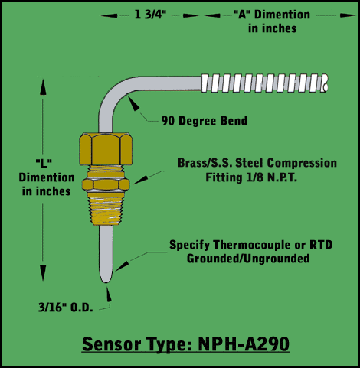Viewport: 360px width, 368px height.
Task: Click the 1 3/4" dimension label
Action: pyautogui.click(x=150, y=15)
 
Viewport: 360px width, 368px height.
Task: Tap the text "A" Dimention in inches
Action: pyautogui.click(x=272, y=21)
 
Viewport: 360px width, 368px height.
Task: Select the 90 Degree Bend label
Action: pyautogui.click(x=205, y=121)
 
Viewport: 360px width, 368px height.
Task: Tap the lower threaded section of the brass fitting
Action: pyautogui.click(x=106, y=209)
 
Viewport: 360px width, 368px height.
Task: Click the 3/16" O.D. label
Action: pyautogui.click(x=66, y=308)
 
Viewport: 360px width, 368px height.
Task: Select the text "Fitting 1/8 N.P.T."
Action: pyautogui.click(x=251, y=177)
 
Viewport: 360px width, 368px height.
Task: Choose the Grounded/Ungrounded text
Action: pyautogui.click(x=248, y=259)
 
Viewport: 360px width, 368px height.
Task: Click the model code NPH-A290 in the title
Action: pyautogui.click(x=244, y=344)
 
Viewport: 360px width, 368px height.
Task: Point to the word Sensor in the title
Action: pyautogui.click(x=112, y=344)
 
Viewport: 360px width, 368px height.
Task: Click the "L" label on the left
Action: pyautogui.click(x=44, y=164)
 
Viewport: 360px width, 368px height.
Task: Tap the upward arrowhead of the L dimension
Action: pyautogui.click(x=43, y=87)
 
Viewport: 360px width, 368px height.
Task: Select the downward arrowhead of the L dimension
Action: pyautogui.click(x=43, y=273)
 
